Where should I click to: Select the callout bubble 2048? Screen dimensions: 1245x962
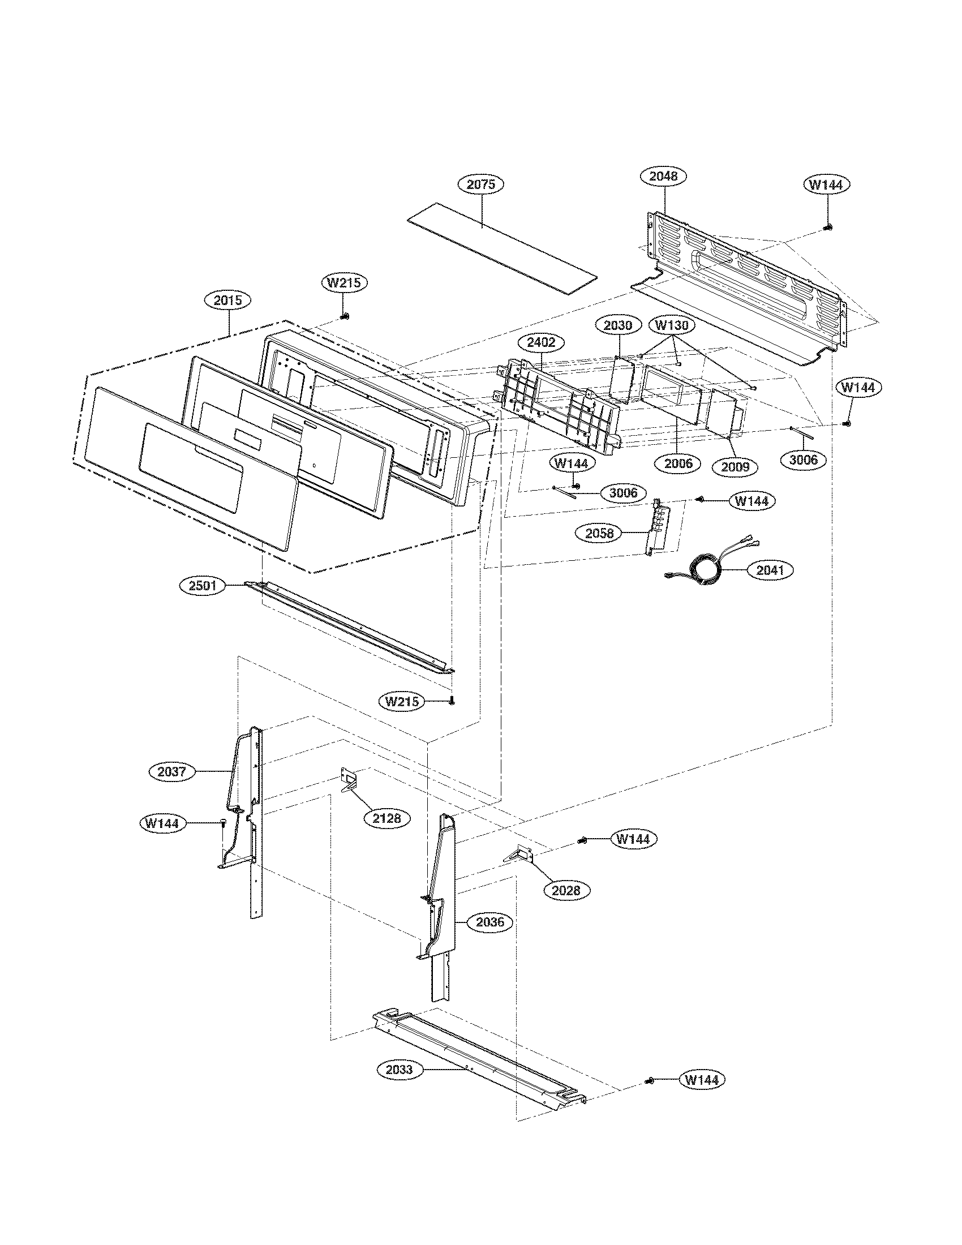[x=664, y=175]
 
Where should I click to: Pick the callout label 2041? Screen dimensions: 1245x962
[x=770, y=570]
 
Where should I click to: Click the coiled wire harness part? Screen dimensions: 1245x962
[x=705, y=567]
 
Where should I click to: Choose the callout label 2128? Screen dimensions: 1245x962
[x=387, y=819]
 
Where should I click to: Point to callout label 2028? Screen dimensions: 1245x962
[x=566, y=890]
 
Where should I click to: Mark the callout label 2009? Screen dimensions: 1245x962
[x=735, y=467]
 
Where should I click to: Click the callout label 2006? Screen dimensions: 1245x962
[x=678, y=463]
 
